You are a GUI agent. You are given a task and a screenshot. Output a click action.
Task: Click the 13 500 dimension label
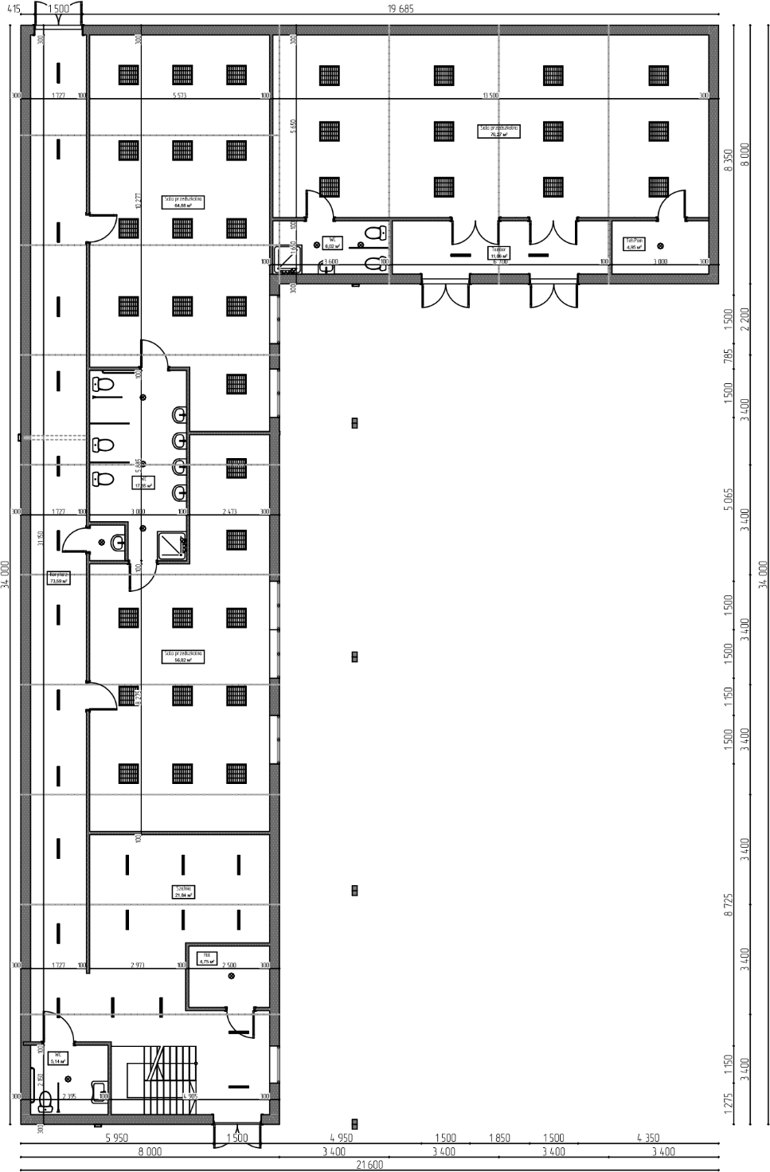click(491, 95)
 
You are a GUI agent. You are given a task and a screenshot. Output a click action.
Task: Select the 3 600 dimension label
click(330, 261)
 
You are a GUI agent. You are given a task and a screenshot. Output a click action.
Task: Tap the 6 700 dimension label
click(500, 261)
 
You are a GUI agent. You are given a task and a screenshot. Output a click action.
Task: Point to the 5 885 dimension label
click(138, 465)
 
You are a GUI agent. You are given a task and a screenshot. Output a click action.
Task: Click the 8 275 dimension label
click(138, 698)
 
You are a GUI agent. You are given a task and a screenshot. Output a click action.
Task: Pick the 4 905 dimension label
click(190, 1096)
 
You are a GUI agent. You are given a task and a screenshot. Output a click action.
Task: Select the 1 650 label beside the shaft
click(293, 247)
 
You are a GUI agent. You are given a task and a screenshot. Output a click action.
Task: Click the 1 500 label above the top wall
click(58, 9)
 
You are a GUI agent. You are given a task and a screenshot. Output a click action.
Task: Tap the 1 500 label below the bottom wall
click(237, 1138)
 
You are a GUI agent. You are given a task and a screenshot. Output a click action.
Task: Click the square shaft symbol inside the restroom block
click(172, 546)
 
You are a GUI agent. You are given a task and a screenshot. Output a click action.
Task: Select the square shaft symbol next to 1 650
click(285, 260)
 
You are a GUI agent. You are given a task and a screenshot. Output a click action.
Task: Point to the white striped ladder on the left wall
click(56, 437)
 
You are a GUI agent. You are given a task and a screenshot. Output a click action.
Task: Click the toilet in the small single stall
click(118, 543)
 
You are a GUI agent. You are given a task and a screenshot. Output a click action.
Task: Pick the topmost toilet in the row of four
click(180, 415)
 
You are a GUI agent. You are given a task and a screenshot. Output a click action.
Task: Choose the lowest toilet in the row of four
click(180, 492)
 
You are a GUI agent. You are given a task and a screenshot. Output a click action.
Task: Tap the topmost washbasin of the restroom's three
click(96, 385)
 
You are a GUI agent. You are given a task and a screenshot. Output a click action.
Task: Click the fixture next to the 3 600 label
click(326, 269)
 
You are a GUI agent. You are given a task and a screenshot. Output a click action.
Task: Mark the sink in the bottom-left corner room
click(45, 1108)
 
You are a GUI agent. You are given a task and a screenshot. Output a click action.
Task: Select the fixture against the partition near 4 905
click(100, 1089)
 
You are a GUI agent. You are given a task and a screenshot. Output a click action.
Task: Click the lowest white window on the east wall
click(275, 1064)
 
